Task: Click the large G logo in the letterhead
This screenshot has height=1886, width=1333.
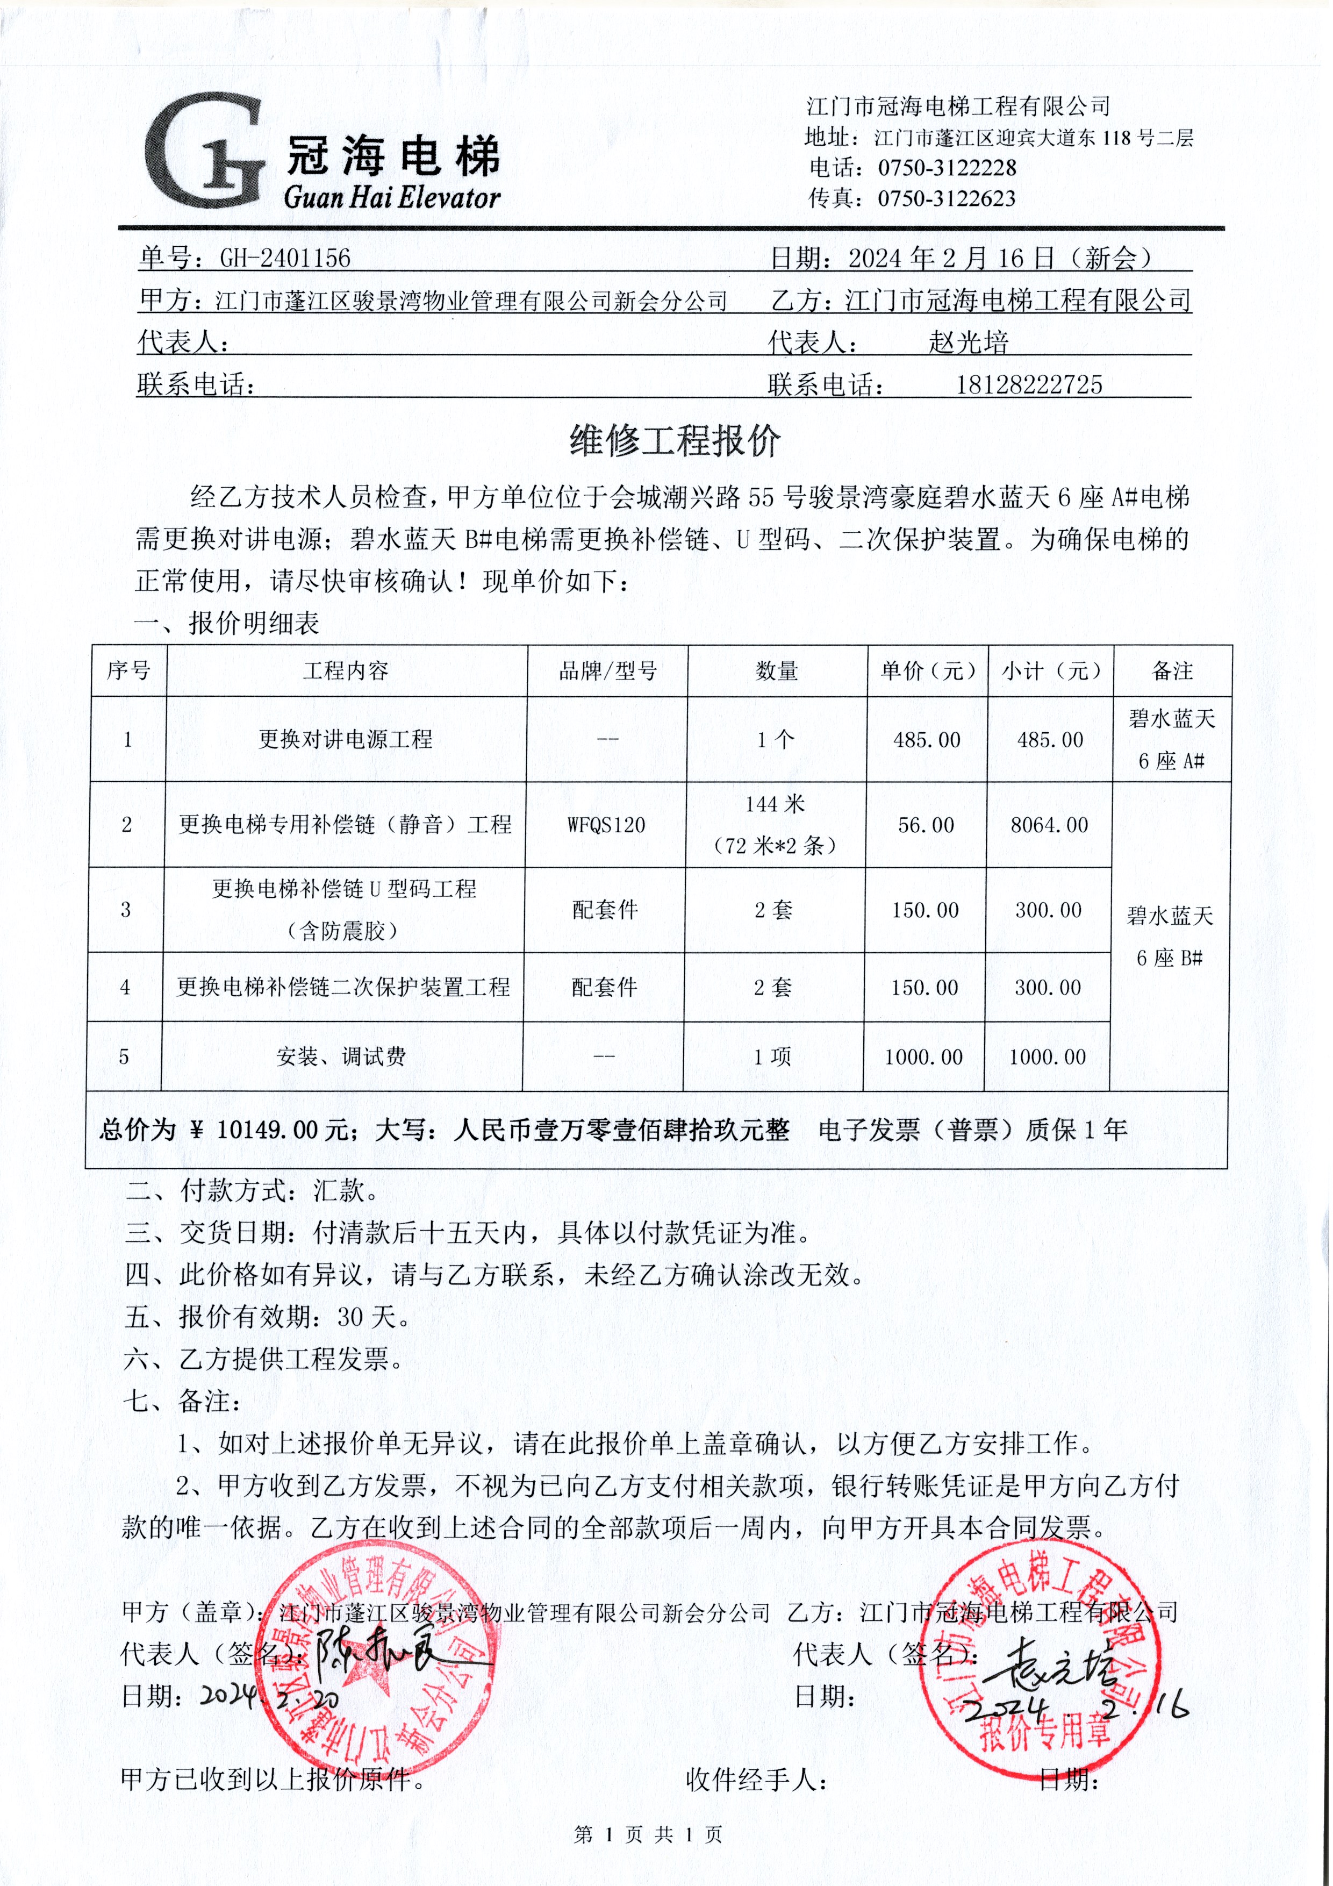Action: tap(205, 152)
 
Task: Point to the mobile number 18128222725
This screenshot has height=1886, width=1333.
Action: tap(1029, 384)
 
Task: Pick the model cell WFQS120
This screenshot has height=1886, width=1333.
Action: tap(606, 825)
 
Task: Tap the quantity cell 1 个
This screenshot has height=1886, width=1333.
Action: tap(775, 739)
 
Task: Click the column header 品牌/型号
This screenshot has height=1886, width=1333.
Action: tap(608, 671)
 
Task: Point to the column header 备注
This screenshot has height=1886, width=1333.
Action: tap(1172, 671)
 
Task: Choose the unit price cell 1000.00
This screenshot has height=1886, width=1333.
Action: tap(923, 1057)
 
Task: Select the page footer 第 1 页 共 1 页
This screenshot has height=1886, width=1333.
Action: tap(648, 1834)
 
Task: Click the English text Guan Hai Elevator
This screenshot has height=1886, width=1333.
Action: tap(392, 197)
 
